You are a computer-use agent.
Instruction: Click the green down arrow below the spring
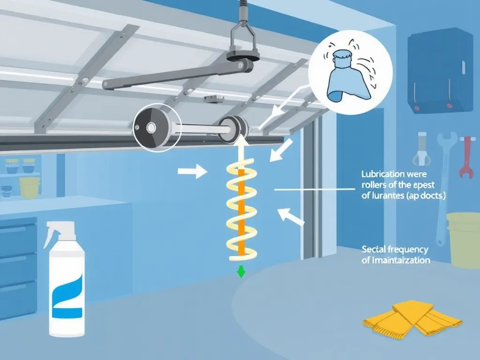pyautogui.click(x=241, y=271)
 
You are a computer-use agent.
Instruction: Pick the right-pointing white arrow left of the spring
pyautogui.click(x=192, y=172)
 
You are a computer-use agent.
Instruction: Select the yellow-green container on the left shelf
pyautogui.click(x=29, y=187)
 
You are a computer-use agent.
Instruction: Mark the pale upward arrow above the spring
pyautogui.click(x=241, y=150)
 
